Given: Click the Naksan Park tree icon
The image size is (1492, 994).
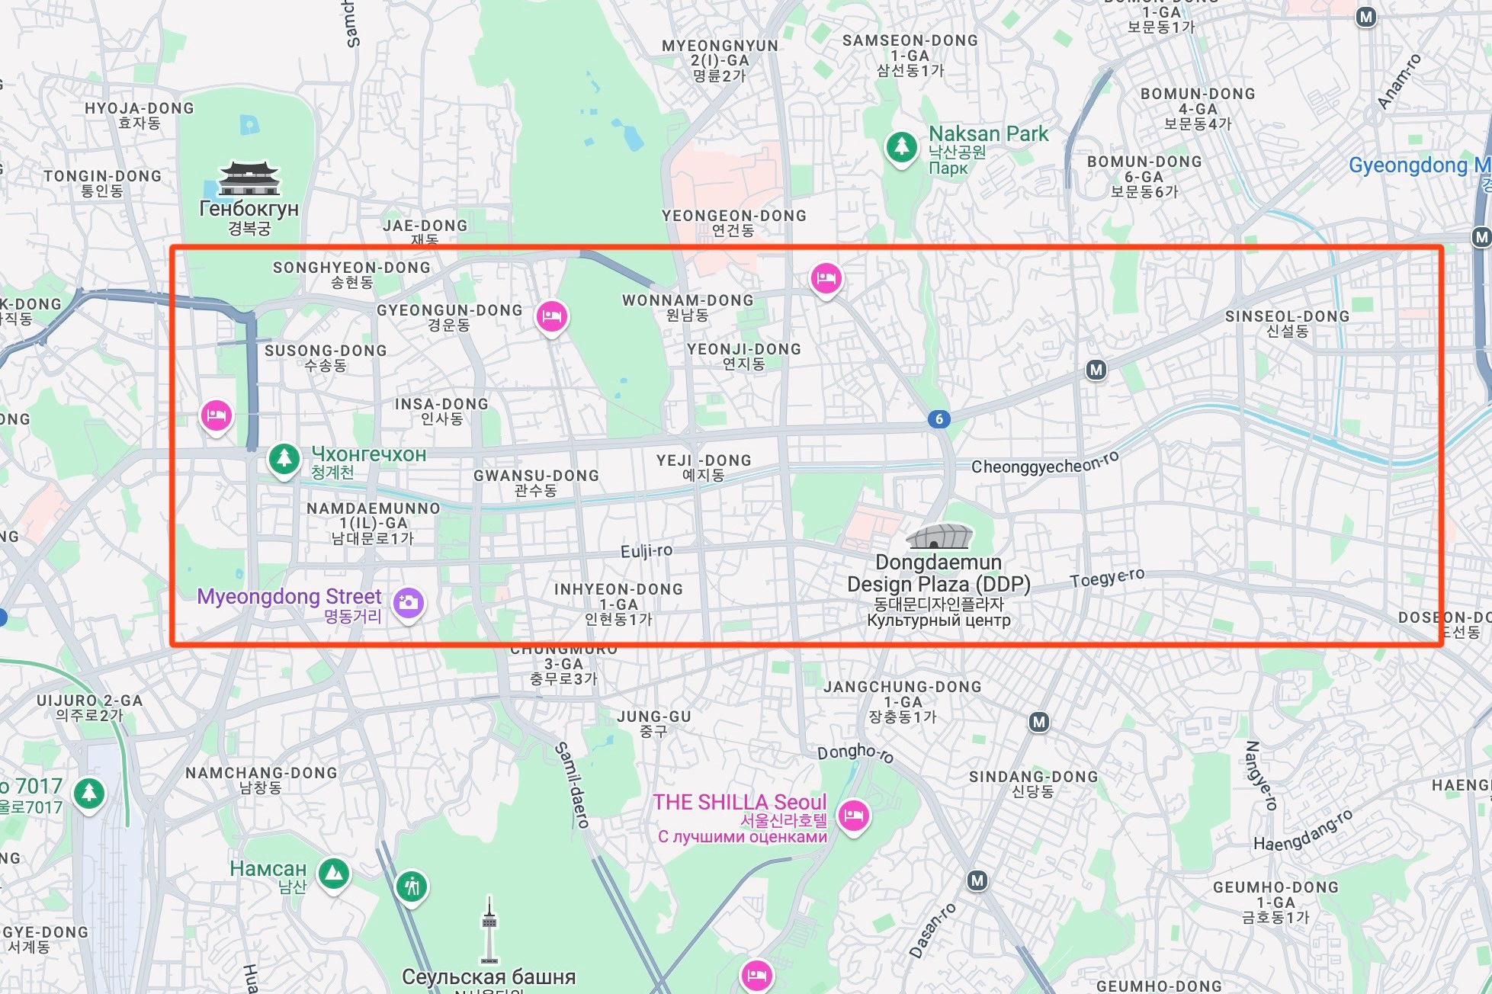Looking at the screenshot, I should click(x=902, y=146).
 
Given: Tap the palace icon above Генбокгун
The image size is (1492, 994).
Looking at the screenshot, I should click(x=249, y=178).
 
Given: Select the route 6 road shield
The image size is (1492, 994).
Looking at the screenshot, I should click(x=939, y=418).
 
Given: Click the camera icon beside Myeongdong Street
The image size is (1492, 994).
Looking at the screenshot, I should click(x=409, y=603).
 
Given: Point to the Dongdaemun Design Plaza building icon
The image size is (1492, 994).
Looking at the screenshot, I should click(x=939, y=537).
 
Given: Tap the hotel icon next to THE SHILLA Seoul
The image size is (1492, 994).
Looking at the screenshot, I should click(x=854, y=816).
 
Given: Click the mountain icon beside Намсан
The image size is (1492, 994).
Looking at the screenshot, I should click(x=333, y=874).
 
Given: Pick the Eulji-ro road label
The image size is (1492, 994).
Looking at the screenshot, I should click(x=647, y=551).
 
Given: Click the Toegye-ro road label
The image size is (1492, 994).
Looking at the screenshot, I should click(x=1107, y=579).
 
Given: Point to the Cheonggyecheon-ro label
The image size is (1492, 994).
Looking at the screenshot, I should click(x=1044, y=463).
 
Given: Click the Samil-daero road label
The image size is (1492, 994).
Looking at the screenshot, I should click(x=572, y=785).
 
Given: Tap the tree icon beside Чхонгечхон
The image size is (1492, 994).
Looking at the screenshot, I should click(x=284, y=459).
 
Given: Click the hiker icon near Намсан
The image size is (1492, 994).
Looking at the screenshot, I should click(x=412, y=887).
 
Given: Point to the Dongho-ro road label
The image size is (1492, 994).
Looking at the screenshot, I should click(x=855, y=753).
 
